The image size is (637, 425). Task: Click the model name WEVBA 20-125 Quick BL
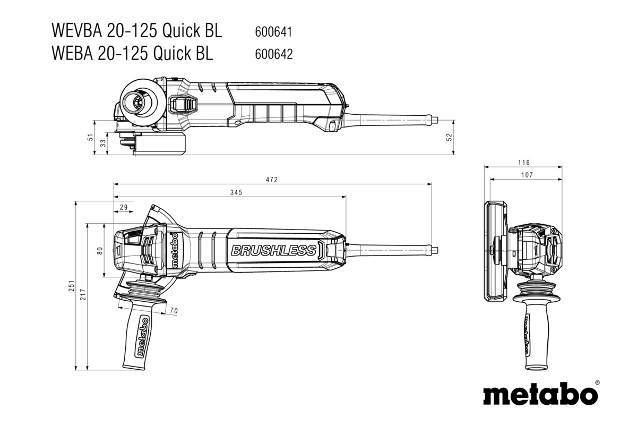(136, 31)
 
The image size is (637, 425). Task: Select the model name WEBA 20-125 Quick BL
(132, 53)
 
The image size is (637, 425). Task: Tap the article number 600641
(274, 32)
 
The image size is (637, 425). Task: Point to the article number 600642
(274, 54)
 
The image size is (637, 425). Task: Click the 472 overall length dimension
(272, 180)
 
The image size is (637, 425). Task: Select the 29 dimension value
(123, 207)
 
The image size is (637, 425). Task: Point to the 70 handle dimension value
(174, 310)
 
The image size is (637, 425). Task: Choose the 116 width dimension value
(525, 163)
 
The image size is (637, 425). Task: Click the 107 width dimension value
(527, 175)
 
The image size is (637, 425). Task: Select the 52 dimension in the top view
(450, 137)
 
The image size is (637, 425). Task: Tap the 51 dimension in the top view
(91, 138)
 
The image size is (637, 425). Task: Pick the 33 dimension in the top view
(103, 142)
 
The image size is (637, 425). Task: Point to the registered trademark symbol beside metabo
(597, 382)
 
